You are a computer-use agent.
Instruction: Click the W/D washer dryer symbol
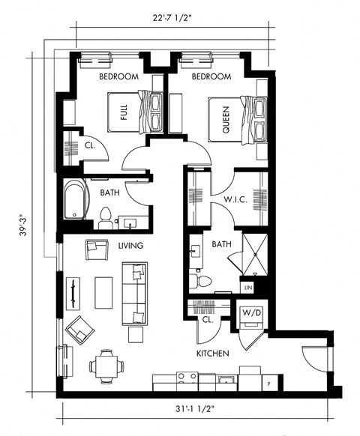[x=250, y=315]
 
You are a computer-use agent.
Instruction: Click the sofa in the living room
[x=135, y=291]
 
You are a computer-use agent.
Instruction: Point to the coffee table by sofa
[x=103, y=292]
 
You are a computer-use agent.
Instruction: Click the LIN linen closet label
[x=247, y=287]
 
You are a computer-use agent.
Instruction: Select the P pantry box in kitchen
[x=268, y=383]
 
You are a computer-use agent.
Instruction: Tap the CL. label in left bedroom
[x=88, y=145]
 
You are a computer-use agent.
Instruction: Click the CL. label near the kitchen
[x=207, y=319]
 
